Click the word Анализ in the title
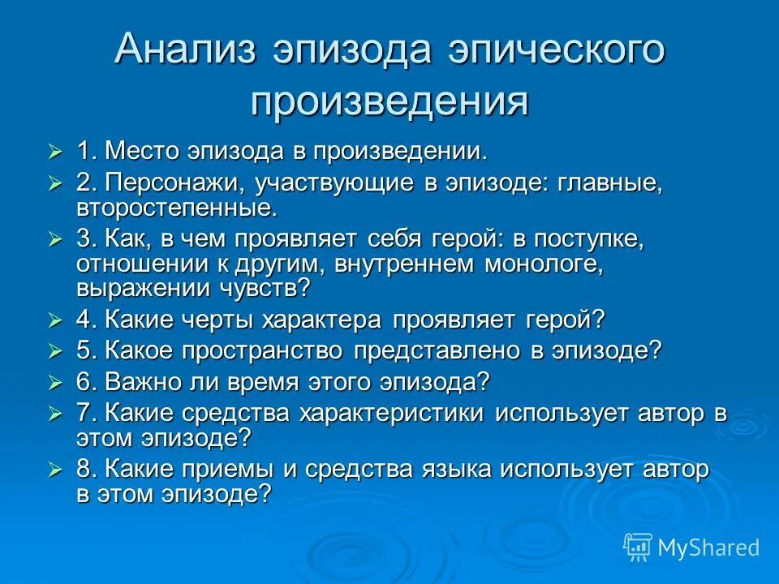pyautogui.click(x=187, y=51)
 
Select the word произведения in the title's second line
pyautogui.click(x=389, y=101)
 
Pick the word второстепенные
pyautogui.click(x=177, y=207)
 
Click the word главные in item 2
pyautogui.click(x=608, y=183)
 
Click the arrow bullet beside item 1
pyautogui.click(x=55, y=152)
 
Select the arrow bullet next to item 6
pyautogui.click(x=55, y=382)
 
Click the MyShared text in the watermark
pyautogui.click(x=708, y=547)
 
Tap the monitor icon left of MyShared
pyautogui.click(x=638, y=546)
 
